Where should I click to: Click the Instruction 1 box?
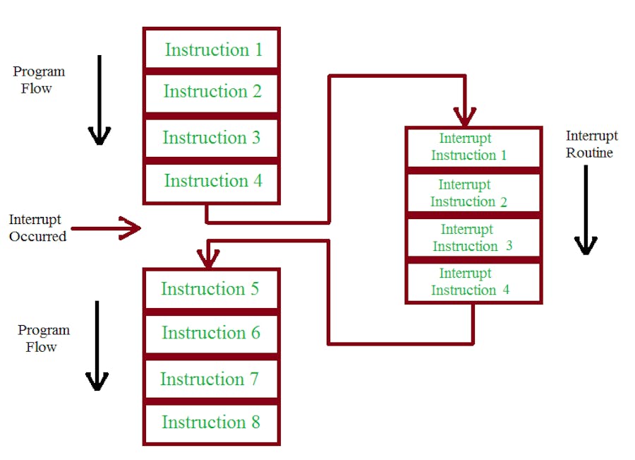pyautogui.click(x=212, y=49)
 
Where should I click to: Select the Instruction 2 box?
pyautogui.click(x=212, y=92)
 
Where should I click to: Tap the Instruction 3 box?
pyautogui.click(x=212, y=138)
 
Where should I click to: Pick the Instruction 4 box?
pyautogui.click(x=212, y=182)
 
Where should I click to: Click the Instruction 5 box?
pyautogui.click(x=211, y=289)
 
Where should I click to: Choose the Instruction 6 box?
pyautogui.click(x=211, y=333)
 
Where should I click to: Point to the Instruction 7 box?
pyautogui.click(x=211, y=379)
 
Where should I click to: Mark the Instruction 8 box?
pyautogui.click(x=211, y=423)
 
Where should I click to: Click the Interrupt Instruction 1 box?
pyautogui.click(x=473, y=147)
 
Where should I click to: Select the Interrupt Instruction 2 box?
pyautogui.click(x=473, y=193)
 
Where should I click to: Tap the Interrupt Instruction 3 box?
pyautogui.click(x=473, y=237)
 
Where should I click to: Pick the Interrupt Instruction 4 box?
pyautogui.click(x=473, y=282)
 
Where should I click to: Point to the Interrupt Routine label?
pyautogui.click(x=591, y=144)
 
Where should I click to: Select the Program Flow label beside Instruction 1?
pyautogui.click(x=38, y=80)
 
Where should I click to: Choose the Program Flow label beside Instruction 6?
pyautogui.click(x=43, y=338)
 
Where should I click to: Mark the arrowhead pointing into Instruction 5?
pyautogui.click(x=207, y=258)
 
